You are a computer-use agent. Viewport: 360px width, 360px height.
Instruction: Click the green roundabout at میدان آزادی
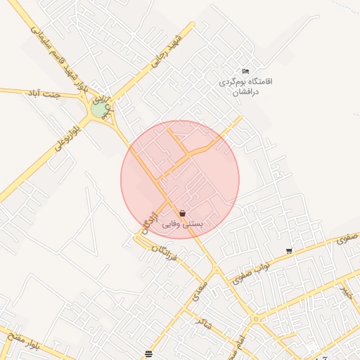(98, 110)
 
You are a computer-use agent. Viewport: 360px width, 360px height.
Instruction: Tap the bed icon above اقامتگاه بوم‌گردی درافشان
(245, 71)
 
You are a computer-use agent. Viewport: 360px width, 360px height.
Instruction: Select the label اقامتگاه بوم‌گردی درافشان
(238, 86)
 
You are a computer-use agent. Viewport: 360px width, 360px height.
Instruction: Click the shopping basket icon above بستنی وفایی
(183, 213)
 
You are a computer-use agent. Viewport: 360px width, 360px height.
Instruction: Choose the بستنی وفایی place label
(183, 224)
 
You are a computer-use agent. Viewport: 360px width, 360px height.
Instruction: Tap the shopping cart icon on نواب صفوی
(289, 251)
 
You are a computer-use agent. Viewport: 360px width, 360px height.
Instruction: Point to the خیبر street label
(345, 292)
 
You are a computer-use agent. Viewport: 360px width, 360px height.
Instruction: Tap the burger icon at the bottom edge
(148, 353)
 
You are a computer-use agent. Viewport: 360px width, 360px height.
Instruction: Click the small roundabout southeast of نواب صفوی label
(255, 319)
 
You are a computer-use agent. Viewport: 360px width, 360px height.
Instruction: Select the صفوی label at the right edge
(347, 239)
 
